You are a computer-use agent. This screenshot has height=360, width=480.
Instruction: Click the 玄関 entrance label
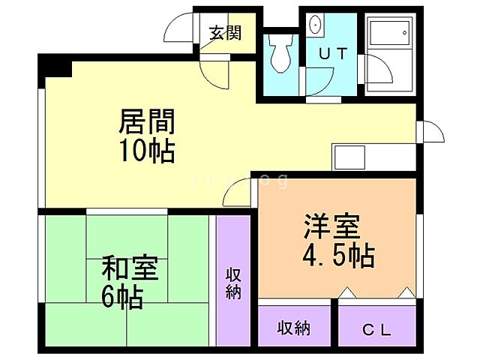[x=225, y=33]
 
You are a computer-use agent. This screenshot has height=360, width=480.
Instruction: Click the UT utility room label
[x=331, y=53]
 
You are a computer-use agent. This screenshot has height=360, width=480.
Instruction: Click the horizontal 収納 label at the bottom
[x=294, y=328]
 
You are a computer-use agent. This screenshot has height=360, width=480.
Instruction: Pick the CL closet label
[x=376, y=328]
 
